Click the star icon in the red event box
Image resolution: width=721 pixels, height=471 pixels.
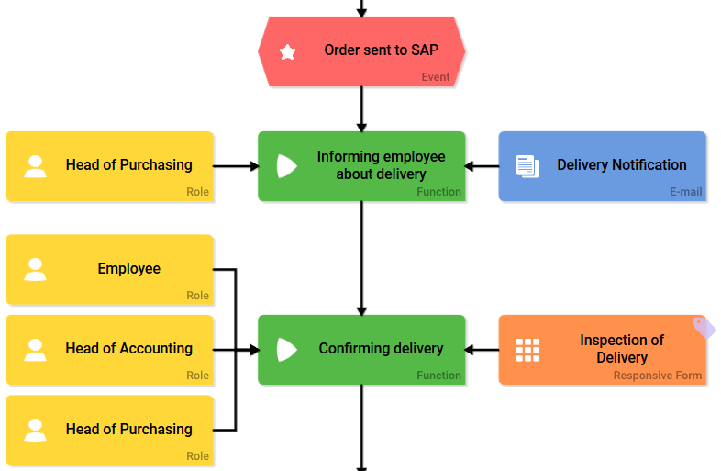[x=288, y=52]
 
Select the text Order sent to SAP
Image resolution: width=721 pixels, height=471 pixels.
[x=381, y=50]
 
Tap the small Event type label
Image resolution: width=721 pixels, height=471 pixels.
[x=436, y=77]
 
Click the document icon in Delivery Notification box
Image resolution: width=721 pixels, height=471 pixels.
[x=527, y=166]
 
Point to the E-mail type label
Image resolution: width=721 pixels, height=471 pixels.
[x=685, y=192]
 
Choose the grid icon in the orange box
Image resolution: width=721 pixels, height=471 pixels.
[x=527, y=350]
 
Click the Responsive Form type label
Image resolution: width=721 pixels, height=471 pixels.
[x=658, y=376]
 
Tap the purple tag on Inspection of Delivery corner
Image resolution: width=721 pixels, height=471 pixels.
[x=704, y=328]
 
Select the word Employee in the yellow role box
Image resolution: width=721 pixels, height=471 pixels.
[x=128, y=269]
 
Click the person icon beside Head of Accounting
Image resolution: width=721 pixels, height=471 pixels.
[x=35, y=350]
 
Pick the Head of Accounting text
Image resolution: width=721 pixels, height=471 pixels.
[x=128, y=349]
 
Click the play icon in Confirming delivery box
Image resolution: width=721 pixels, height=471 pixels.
[x=286, y=350]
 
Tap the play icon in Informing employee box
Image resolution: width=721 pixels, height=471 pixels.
[x=286, y=166]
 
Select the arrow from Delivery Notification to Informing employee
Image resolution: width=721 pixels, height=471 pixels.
[x=482, y=166]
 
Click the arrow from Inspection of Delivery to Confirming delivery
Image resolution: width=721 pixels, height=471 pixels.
[x=482, y=350]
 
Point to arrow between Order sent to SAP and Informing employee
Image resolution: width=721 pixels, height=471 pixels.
[x=361, y=108]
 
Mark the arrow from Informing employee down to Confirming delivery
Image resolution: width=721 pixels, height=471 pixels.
[x=361, y=257]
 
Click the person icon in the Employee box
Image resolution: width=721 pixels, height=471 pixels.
[x=35, y=269]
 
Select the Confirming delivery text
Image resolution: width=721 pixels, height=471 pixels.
[x=381, y=349]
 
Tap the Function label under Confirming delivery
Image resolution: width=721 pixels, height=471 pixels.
[x=438, y=376]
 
